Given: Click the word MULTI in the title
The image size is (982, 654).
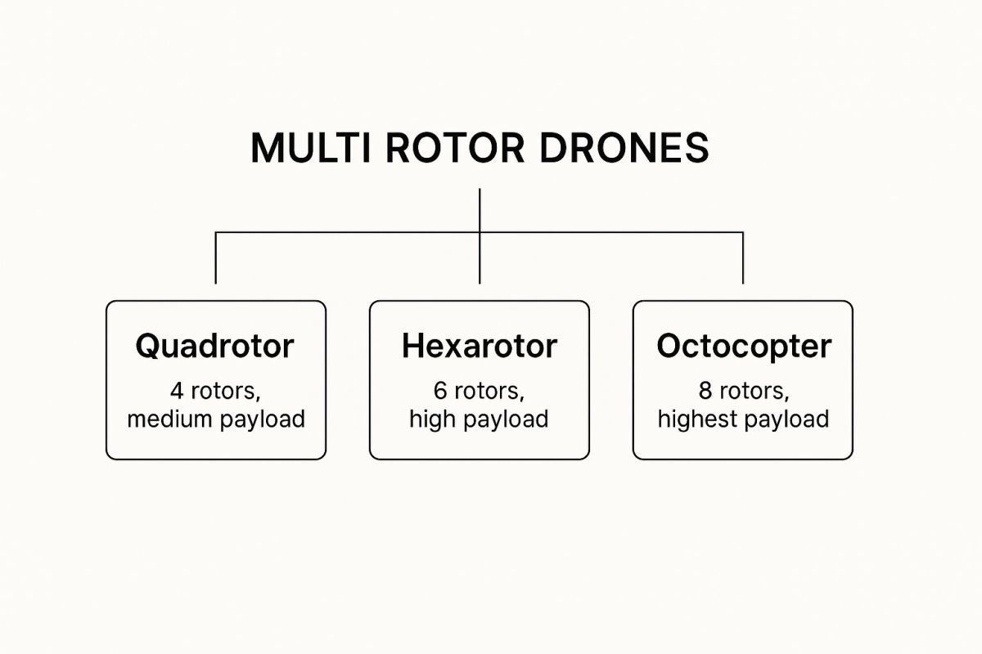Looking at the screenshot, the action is click(310, 147).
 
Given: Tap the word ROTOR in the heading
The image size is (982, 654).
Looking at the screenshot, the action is click(455, 147).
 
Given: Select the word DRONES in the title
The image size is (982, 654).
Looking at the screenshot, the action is click(624, 147).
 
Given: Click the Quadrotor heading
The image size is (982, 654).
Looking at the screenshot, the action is click(214, 347).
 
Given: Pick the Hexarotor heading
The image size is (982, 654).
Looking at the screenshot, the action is click(480, 346).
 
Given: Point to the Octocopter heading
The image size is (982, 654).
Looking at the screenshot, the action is click(744, 347).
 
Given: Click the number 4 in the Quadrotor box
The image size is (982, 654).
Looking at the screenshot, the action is click(177, 391).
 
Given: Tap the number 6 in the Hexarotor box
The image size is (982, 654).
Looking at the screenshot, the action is click(440, 391).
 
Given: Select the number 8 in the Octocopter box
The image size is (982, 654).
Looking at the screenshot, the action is click(705, 391).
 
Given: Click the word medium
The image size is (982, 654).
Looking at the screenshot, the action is click(170, 419).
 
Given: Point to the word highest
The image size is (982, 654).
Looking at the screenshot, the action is click(698, 419).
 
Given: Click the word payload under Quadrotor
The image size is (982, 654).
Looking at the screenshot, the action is click(262, 420).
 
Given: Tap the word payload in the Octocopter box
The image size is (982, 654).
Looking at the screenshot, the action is click(786, 420).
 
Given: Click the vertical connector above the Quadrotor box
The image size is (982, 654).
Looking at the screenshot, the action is click(216, 258).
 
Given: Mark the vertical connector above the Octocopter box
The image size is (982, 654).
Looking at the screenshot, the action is click(743, 258).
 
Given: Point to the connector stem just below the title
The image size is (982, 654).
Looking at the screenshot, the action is click(480, 210).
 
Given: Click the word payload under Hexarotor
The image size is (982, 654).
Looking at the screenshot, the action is click(506, 420).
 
